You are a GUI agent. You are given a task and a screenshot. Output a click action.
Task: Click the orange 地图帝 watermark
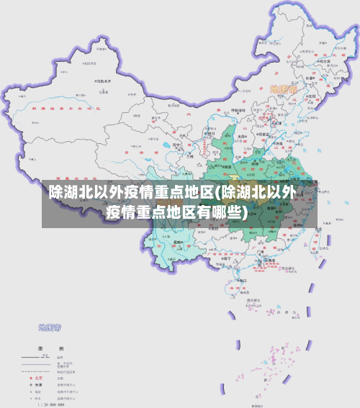click(x=284, y=89)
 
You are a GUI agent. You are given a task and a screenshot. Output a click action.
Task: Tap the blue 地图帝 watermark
click(x=49, y=327)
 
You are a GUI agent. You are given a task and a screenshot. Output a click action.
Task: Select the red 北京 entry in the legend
click(x=39, y=376)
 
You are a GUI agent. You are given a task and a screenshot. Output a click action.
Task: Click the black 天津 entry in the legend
click(x=39, y=384)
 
